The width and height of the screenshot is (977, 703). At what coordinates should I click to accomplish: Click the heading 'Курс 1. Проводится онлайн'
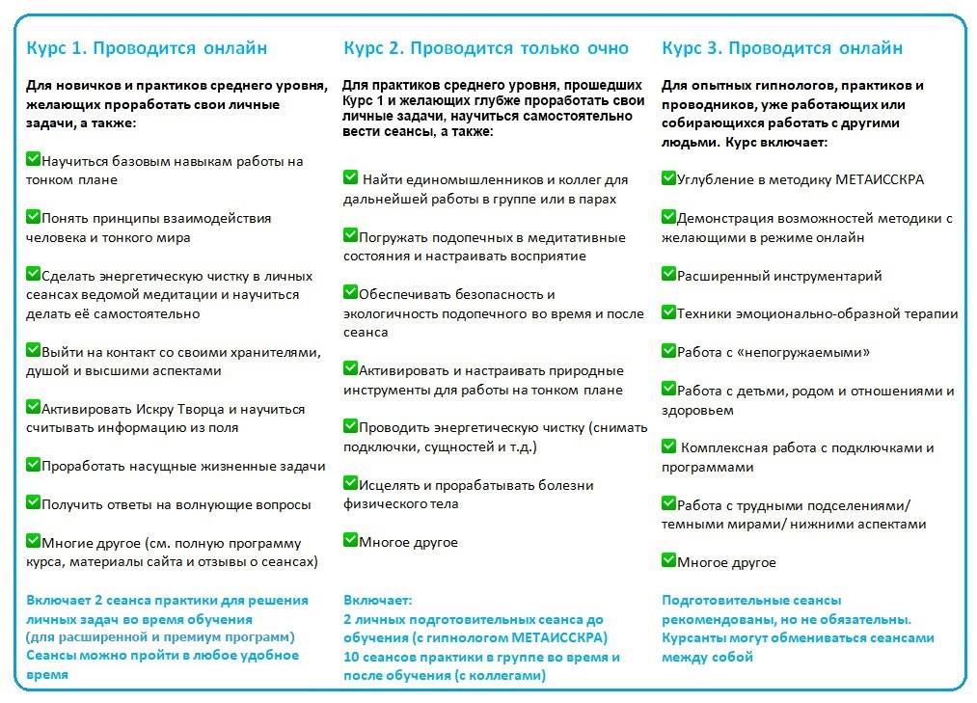(x=147, y=48)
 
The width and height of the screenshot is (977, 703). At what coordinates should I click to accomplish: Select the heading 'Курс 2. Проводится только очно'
(x=485, y=48)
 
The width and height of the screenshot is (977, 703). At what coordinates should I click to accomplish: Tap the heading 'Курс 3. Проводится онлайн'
(x=782, y=48)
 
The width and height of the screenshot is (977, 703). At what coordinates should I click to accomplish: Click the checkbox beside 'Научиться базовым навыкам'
(x=33, y=159)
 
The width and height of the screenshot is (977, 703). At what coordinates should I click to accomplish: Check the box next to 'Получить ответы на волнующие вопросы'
(x=33, y=502)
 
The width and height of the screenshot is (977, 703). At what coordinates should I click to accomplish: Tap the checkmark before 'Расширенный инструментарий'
(x=668, y=274)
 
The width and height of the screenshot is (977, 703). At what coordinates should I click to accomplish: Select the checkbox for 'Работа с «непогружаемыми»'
(x=668, y=351)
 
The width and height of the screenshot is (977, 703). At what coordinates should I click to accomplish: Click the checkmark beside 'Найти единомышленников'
(x=350, y=177)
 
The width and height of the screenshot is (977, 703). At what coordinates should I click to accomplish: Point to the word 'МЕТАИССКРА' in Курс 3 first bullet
(x=880, y=180)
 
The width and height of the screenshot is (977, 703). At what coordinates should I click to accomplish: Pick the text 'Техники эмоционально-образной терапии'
(x=818, y=314)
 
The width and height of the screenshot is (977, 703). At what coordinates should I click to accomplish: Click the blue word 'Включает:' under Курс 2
(x=377, y=600)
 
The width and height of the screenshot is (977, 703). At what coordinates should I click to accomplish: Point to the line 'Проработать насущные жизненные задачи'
(x=183, y=467)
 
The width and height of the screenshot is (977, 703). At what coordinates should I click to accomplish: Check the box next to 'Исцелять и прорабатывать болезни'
(x=350, y=483)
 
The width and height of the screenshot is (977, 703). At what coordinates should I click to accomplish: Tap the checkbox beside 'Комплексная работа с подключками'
(x=668, y=446)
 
